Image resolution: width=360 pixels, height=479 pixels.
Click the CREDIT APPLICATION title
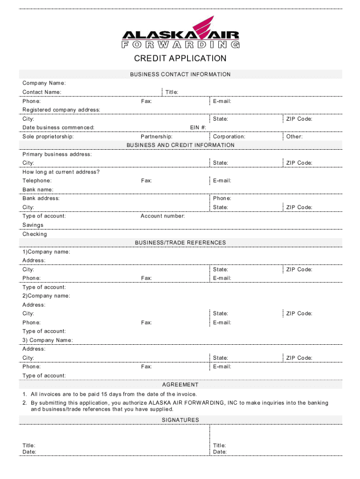tap(180, 58)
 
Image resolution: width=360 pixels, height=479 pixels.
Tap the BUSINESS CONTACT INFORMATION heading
tap(180, 74)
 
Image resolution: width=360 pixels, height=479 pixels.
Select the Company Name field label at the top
tap(44, 83)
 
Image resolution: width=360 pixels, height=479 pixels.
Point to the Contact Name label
tap(42, 92)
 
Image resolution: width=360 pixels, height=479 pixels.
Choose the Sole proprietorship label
tap(48, 137)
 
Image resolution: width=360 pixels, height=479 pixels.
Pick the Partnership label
tap(157, 137)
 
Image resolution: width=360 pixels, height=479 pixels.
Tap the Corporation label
tap(229, 137)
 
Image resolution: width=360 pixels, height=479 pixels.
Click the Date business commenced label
tap(58, 128)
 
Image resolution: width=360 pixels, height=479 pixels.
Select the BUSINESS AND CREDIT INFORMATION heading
tap(180, 145)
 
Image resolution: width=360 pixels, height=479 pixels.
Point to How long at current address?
tap(61, 172)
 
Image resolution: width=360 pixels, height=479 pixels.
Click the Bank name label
tap(38, 189)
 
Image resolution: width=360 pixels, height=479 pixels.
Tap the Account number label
tap(163, 216)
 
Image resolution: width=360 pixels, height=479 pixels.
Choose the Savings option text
tap(33, 225)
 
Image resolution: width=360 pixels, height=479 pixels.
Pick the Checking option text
tap(35, 234)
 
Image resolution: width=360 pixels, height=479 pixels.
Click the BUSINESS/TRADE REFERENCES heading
tap(180, 243)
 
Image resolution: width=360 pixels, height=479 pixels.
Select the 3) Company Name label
tap(48, 340)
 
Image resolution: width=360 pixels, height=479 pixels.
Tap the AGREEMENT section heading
tap(180, 385)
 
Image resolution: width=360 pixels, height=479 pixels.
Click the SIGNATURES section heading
tap(180, 420)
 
